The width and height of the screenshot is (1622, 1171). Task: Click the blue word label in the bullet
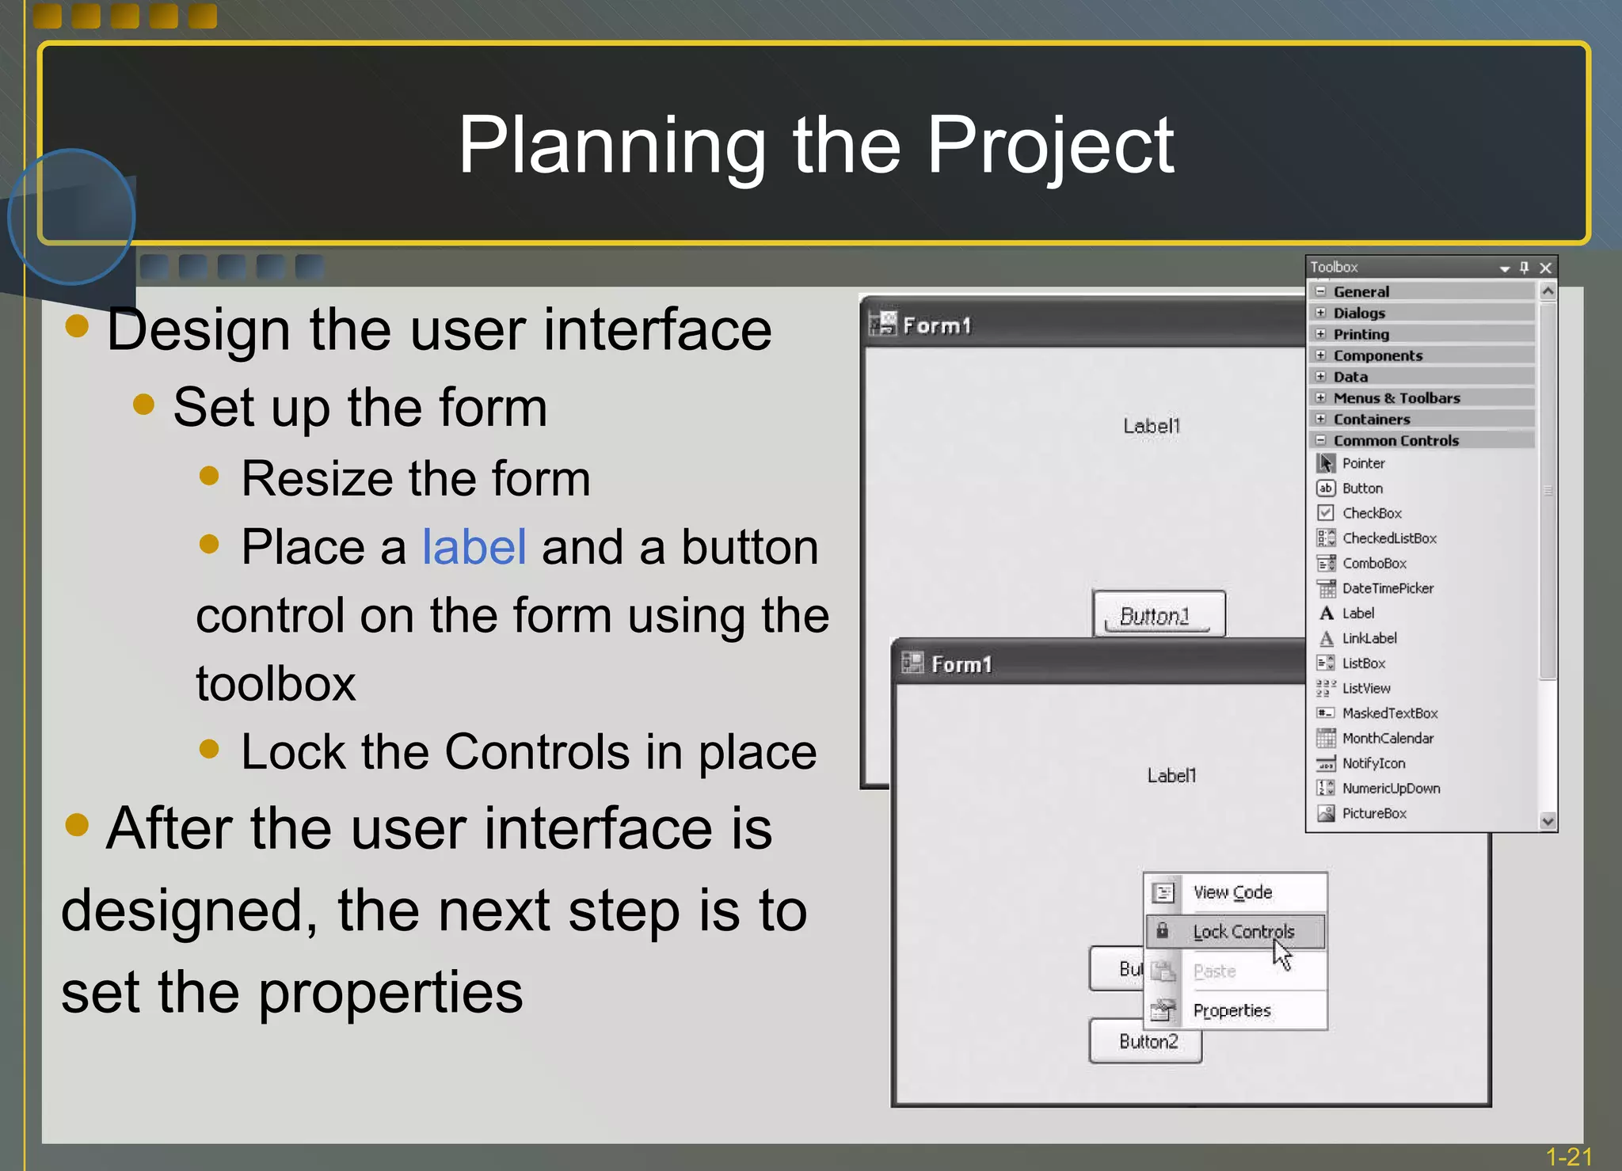[474, 547]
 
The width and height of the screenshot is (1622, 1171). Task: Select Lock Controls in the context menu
[1243, 932]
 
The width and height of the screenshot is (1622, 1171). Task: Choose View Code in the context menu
[1232, 892]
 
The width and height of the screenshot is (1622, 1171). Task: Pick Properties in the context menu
[1231, 1010]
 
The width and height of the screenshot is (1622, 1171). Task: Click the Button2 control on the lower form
[1147, 1041]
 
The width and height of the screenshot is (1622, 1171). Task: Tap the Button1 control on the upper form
[1157, 615]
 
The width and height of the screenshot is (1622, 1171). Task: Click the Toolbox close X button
[1545, 268]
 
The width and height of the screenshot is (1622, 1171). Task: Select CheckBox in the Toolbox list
[1371, 513]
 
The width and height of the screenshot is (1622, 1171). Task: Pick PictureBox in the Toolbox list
[1373, 813]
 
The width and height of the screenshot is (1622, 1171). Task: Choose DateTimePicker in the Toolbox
[1387, 588]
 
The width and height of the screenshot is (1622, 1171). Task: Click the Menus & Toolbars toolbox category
[1395, 397]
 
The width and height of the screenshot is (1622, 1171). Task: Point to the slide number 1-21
[1568, 1157]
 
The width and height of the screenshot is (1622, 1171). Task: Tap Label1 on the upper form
[1152, 426]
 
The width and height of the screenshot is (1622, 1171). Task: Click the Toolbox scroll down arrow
[1548, 821]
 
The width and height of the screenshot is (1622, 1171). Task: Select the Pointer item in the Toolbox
[1362, 463]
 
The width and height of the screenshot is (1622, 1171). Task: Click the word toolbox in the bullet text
[276, 683]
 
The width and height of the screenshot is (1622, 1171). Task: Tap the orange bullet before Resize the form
[209, 476]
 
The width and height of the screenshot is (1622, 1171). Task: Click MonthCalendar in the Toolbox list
[1387, 738]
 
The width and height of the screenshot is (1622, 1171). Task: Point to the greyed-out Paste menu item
[1213, 971]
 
